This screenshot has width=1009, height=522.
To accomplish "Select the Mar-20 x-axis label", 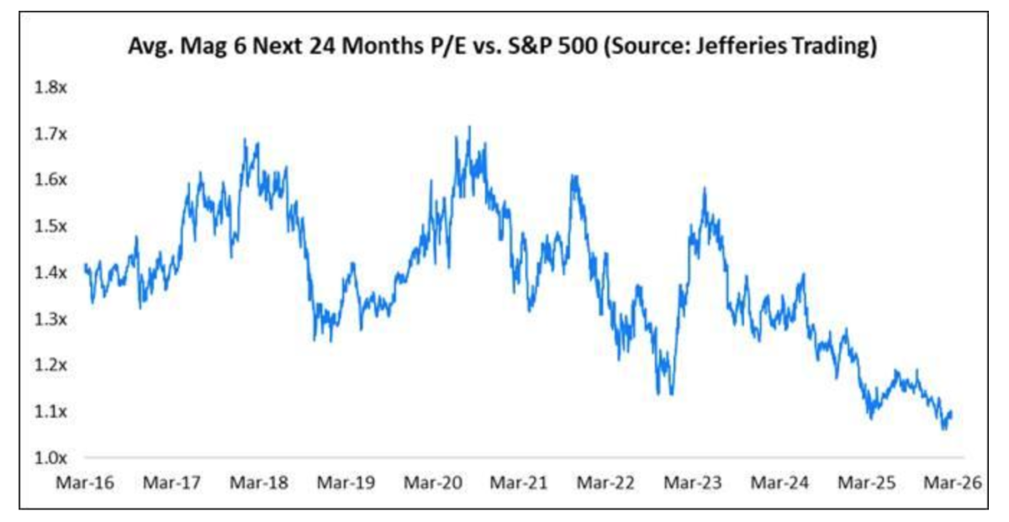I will click(x=430, y=483).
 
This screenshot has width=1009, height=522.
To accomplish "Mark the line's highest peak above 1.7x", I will click(x=468, y=127).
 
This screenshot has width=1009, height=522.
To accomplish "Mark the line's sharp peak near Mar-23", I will click(x=703, y=189).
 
